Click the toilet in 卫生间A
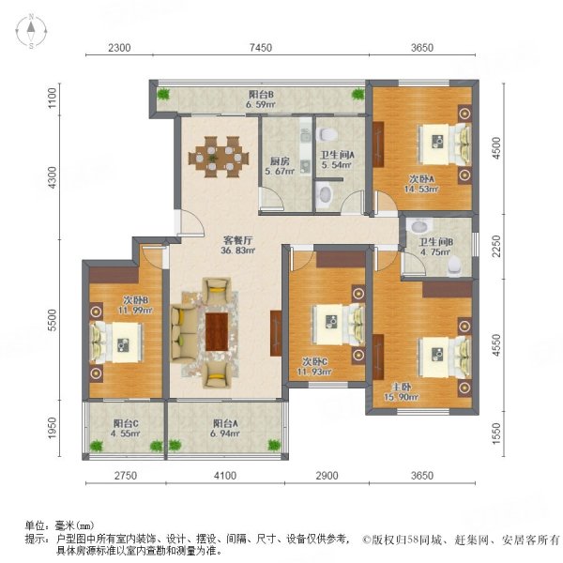pos(325,194)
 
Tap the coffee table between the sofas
pos(218,329)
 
